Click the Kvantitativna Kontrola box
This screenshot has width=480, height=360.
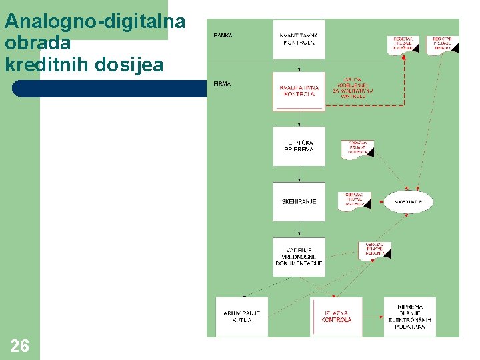click(299, 39)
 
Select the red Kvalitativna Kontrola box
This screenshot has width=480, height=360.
click(299, 91)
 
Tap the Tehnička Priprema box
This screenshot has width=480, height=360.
click(299, 146)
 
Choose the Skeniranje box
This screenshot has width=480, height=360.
click(299, 201)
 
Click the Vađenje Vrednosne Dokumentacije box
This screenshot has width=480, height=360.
click(299, 257)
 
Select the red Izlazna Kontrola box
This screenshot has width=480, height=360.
click(337, 316)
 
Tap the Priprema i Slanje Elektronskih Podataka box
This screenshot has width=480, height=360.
click(409, 316)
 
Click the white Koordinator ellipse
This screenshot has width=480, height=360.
click(408, 201)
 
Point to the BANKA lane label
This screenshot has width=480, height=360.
click(223, 35)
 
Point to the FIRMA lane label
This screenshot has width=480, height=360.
click(223, 84)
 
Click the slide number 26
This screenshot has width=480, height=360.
click(20, 345)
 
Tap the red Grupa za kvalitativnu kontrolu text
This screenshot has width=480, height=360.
click(353, 88)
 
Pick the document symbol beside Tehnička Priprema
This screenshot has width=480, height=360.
click(358, 148)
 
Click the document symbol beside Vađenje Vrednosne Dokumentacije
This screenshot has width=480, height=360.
click(375, 250)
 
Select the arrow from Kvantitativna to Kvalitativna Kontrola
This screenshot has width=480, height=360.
click(299, 65)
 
